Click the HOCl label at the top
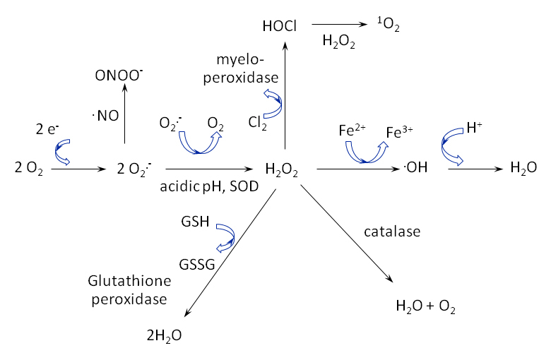click(279, 26)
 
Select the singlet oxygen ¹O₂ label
click(387, 26)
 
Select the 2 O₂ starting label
click(28, 169)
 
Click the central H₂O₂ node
click(281, 169)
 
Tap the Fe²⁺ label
click(352, 130)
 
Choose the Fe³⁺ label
click(400, 132)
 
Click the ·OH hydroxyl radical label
click(414, 169)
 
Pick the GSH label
click(194, 223)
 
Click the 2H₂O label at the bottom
click(163, 335)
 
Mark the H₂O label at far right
click(523, 169)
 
